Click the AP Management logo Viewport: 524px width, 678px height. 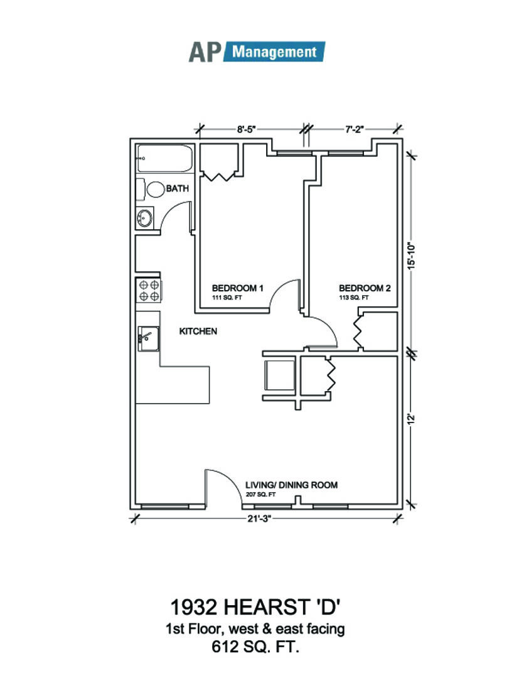(257, 51)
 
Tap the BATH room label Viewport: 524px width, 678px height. (177, 188)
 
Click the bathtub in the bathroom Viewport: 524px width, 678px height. (164, 159)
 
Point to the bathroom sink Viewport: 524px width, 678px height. (145, 218)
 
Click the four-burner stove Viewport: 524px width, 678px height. (149, 290)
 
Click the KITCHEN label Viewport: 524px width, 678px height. (198, 331)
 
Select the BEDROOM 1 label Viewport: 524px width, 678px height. (237, 288)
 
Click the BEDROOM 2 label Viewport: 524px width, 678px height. (365, 288)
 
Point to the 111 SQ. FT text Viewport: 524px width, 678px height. (227, 298)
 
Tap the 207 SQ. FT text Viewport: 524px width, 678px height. (260, 495)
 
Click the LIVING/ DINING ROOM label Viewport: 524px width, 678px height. (291, 485)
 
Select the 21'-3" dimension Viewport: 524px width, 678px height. (264, 519)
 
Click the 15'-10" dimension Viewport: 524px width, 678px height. (411, 256)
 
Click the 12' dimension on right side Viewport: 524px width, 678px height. (412, 419)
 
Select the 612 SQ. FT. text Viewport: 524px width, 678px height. (256, 647)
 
